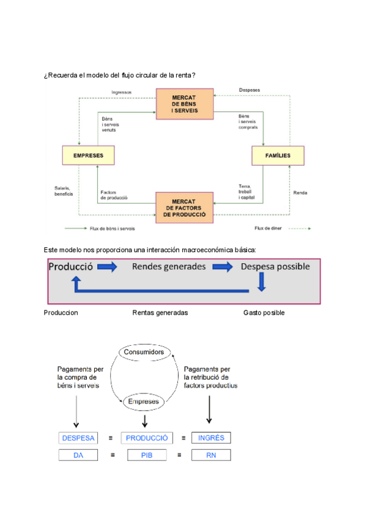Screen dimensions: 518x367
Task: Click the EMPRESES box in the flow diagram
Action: [88, 156]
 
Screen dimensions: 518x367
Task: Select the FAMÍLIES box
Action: [278, 156]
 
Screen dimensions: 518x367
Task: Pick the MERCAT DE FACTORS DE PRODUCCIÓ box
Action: [184, 208]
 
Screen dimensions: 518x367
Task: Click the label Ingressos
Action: [122, 93]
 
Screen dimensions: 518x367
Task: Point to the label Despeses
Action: [250, 90]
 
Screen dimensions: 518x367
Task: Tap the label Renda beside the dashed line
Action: [300, 193]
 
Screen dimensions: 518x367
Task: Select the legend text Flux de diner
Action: [267, 228]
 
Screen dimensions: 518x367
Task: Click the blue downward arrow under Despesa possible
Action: [262, 281]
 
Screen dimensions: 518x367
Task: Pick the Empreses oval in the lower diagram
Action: [144, 401]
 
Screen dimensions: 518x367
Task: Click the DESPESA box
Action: [78, 438]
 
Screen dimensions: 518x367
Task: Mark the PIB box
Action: [147, 455]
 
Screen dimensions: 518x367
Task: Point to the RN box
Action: [211, 455]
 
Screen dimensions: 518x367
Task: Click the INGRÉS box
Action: [211, 438]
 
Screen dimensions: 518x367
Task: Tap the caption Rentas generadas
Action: [160, 313]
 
